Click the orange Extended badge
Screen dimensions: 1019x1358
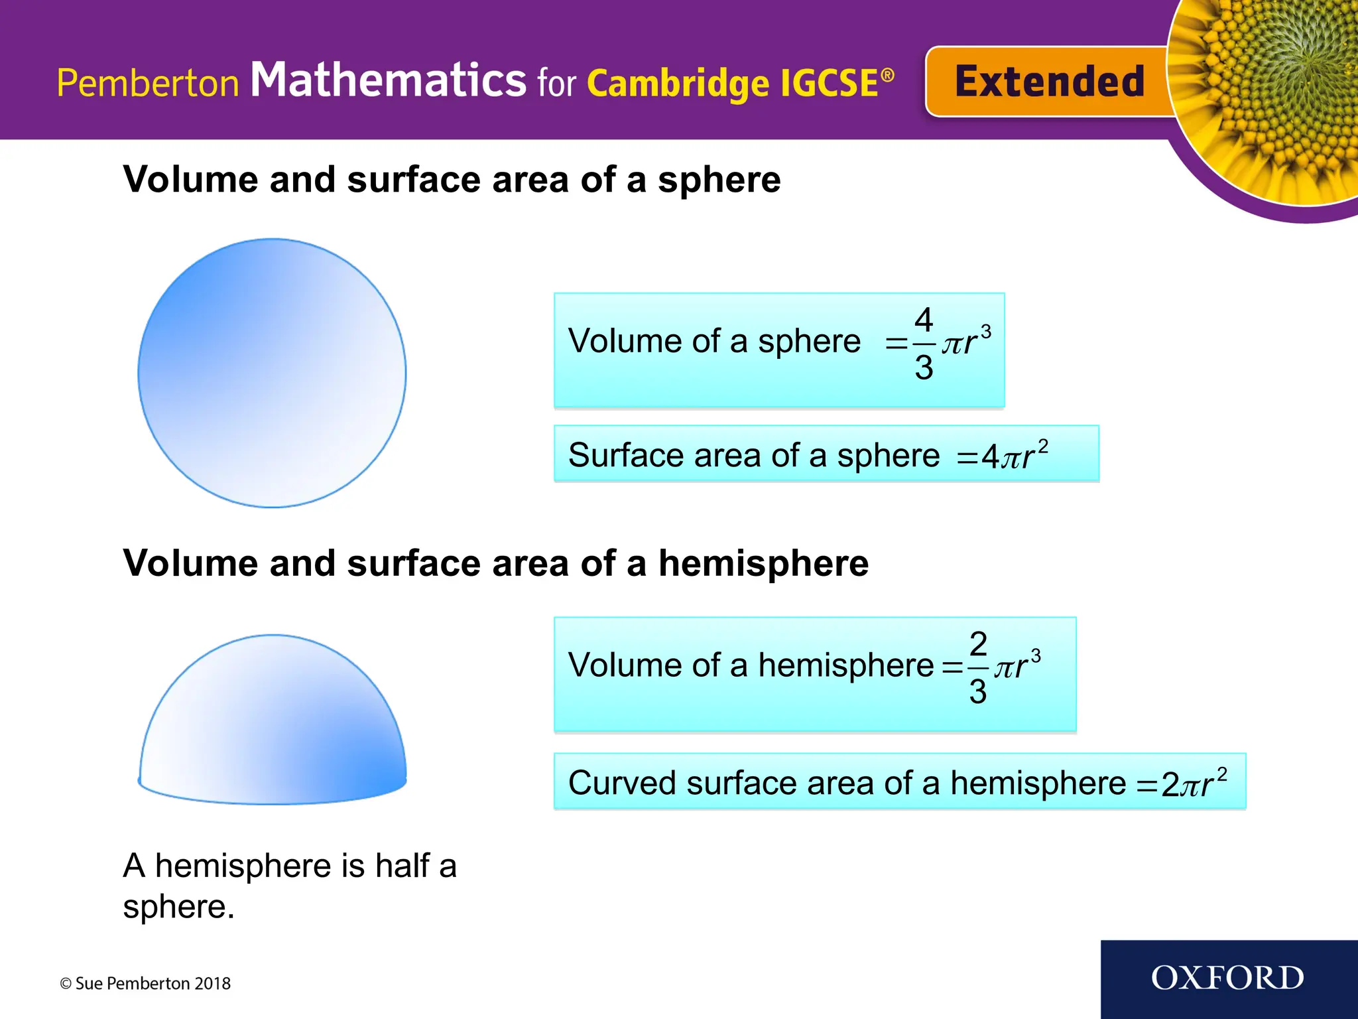click(x=1048, y=82)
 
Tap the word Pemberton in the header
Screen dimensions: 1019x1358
click(x=147, y=84)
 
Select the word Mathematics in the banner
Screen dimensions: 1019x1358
click(x=388, y=80)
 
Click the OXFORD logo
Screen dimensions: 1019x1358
click(x=1227, y=978)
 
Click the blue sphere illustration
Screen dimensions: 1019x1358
click(x=272, y=373)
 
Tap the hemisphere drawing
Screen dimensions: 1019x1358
click(x=272, y=723)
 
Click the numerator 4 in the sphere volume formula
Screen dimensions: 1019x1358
click(x=924, y=320)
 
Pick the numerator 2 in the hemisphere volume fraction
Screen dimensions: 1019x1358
click(x=978, y=644)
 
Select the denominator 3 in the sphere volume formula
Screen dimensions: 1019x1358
click(x=924, y=368)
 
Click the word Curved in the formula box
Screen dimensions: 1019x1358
click(x=622, y=783)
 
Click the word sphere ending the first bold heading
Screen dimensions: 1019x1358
click(x=719, y=180)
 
